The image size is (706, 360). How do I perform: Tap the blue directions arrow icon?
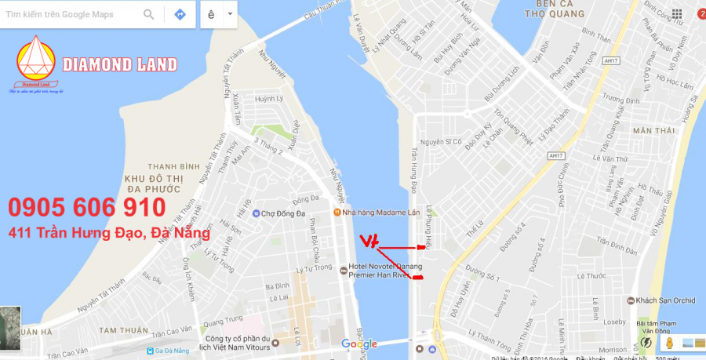[x=180, y=15]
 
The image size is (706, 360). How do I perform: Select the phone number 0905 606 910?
[x=87, y=208]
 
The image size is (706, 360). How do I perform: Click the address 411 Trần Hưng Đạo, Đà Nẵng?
[x=109, y=233]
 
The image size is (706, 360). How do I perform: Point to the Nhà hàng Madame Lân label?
[x=375, y=213]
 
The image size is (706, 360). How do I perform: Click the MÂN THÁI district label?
[x=653, y=131]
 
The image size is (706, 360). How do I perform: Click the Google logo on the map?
[x=359, y=344]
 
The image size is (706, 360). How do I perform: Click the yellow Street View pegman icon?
[x=669, y=343]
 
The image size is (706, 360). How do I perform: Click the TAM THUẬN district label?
[x=118, y=331]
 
